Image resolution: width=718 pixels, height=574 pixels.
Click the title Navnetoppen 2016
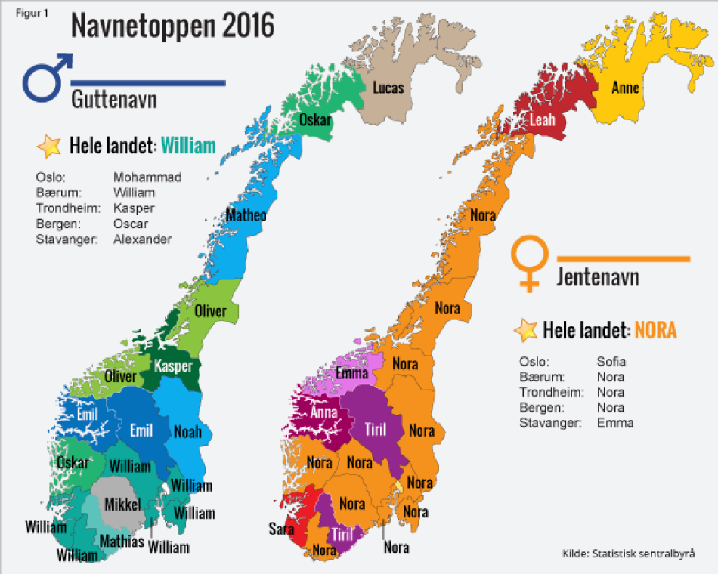[172, 26]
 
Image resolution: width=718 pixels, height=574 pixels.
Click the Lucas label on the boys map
[388, 88]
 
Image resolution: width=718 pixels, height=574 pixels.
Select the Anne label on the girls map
[625, 88]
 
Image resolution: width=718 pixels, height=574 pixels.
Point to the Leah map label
[542, 120]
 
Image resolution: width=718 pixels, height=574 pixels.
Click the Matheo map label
[246, 216]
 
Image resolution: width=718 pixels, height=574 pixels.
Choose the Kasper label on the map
[173, 366]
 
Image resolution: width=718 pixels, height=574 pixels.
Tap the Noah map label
[187, 432]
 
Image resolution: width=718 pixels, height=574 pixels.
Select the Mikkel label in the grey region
[122, 504]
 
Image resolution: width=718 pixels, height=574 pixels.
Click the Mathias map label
[122, 542]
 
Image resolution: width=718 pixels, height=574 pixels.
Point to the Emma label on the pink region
[351, 373]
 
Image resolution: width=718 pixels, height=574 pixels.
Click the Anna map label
[324, 413]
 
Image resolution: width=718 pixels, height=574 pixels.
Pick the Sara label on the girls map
[281, 529]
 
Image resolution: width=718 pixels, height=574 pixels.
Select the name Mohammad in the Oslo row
[147, 177]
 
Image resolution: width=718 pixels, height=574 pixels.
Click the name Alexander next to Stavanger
[142, 239]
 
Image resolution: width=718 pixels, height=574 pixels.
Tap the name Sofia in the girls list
[611, 361]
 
